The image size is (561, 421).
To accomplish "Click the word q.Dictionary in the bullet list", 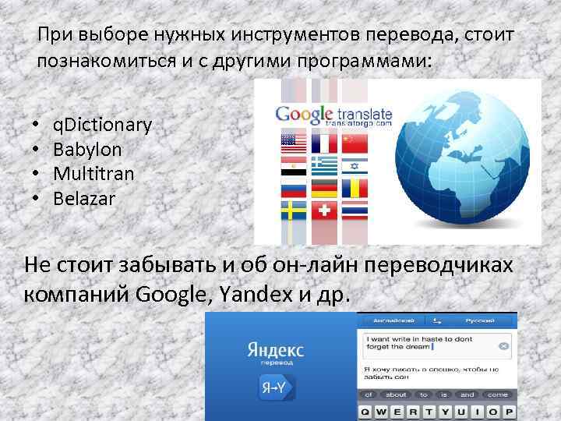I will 102,125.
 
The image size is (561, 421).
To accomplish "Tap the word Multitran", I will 93,173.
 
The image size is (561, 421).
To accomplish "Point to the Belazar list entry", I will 84,198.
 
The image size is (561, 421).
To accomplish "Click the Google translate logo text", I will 333,115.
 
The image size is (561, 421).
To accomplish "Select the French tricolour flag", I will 324,142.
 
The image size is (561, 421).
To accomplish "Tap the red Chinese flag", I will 355,142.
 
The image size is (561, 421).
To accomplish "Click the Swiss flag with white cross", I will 324,210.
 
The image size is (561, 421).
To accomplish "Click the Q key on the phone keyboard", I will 365,411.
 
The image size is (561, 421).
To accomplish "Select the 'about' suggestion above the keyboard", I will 395,394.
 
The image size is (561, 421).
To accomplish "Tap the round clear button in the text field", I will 504,345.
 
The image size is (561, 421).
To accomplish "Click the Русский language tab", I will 482,320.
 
